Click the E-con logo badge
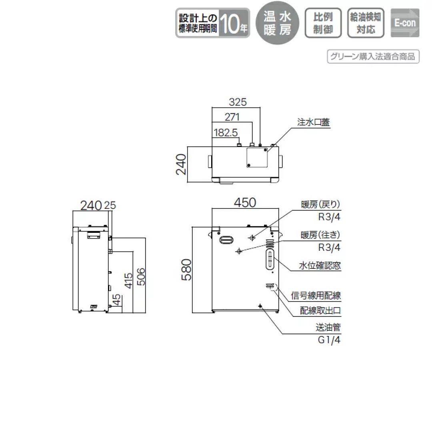[405, 23]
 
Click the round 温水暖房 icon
[277, 23]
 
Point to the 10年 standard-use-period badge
[213, 23]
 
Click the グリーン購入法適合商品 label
[373, 56]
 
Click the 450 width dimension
[244, 203]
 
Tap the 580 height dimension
[188, 270]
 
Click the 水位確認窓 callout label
[320, 266]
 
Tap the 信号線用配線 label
[316, 296]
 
